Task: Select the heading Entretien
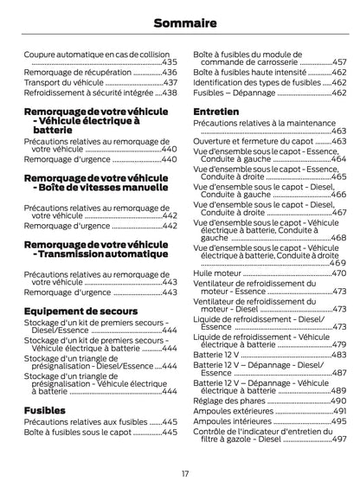[x=216, y=112]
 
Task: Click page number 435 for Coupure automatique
[x=169, y=62]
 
